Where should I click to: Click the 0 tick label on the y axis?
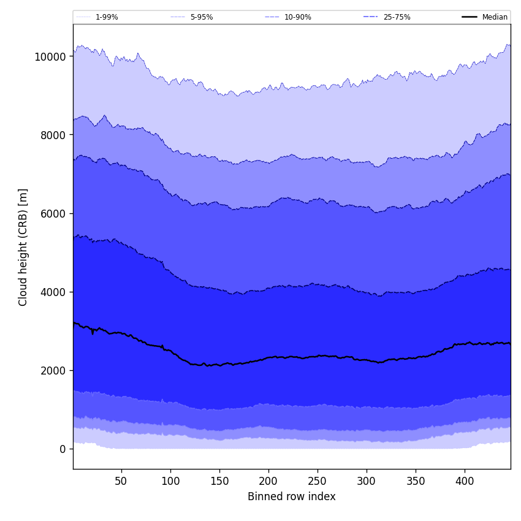pos(63,449)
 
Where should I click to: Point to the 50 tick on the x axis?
pos(121,482)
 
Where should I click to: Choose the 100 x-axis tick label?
pos(170,482)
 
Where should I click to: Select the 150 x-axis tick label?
pos(219,482)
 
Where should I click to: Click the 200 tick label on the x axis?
pos(268,482)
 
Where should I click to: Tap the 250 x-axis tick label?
pos(318,482)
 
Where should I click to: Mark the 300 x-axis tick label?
pos(367,482)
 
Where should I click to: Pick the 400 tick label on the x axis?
pos(465,482)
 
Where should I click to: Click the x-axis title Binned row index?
pos(292,496)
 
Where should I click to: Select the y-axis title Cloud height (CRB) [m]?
pos(23,247)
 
